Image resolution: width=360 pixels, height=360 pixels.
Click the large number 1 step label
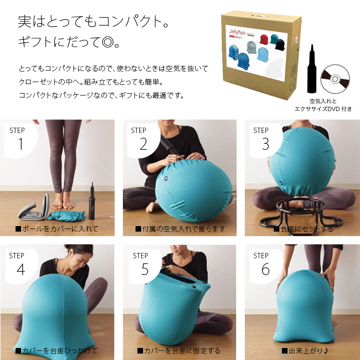(x=20, y=144)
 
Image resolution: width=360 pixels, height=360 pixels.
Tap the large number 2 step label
(x=143, y=144)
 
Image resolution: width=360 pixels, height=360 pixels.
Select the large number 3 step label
(x=265, y=144)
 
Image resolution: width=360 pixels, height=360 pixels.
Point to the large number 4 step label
(x=20, y=270)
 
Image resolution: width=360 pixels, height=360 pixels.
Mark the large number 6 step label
(x=265, y=270)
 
